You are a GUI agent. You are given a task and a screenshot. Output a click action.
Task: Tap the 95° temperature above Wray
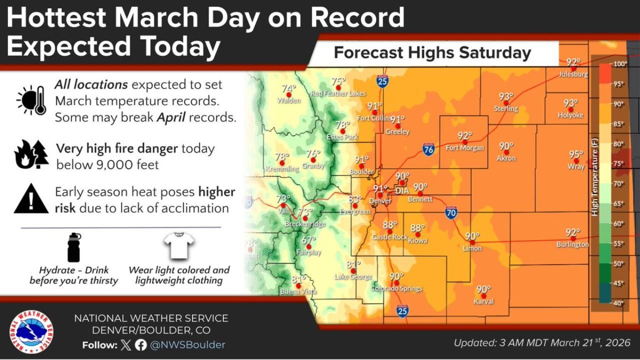(576, 154)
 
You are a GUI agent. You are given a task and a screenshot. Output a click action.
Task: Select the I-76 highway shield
(428, 148)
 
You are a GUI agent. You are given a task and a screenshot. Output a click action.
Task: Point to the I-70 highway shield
(450, 213)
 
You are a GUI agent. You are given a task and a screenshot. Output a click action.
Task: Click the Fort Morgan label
(464, 148)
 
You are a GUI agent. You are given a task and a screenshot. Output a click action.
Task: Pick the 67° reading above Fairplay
(309, 240)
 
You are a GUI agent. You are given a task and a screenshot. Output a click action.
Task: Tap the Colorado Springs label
(396, 288)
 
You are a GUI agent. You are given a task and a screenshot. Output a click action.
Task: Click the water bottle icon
(73, 247)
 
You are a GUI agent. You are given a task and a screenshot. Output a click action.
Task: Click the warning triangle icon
(31, 199)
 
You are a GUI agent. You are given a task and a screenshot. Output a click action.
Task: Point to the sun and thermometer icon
(32, 99)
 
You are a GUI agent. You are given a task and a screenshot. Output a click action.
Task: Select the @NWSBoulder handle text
(187, 344)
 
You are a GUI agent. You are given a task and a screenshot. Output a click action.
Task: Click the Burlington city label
(572, 244)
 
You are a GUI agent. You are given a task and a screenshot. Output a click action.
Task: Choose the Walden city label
(289, 100)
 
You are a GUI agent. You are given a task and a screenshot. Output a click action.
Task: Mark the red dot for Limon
(472, 242)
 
